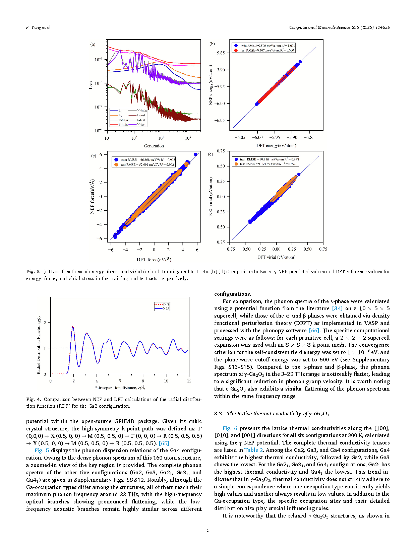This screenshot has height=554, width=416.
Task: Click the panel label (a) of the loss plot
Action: point(93,44)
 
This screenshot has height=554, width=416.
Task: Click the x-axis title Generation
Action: point(154,146)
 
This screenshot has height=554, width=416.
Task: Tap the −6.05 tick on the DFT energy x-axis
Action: point(240,137)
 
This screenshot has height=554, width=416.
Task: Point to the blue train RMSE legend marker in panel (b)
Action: point(236,46)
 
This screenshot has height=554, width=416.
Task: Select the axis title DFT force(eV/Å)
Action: point(154,260)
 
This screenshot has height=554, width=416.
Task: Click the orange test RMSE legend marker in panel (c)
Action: point(116,164)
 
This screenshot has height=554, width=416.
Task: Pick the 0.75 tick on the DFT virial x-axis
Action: point(323,249)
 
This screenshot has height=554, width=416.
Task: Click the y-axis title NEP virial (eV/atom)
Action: point(211,196)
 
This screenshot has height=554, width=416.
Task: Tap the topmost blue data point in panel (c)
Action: point(196,154)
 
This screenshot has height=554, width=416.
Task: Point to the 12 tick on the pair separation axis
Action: point(189,381)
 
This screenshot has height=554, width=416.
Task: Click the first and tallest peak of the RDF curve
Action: point(73,327)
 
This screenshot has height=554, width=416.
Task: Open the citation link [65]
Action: point(164,443)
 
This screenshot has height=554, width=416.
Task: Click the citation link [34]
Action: point(337,308)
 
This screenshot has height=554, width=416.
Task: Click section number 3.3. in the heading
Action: point(219,414)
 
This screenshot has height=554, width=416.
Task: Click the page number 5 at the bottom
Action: point(208,530)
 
